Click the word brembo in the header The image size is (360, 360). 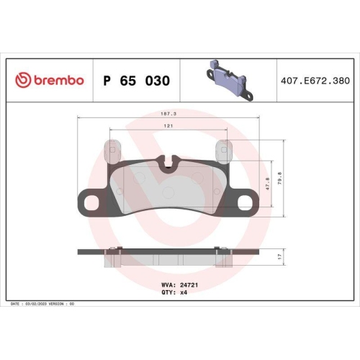tap(57, 80)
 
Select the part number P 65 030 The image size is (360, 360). tap(137, 81)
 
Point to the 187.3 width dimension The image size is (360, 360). tap(167, 113)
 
